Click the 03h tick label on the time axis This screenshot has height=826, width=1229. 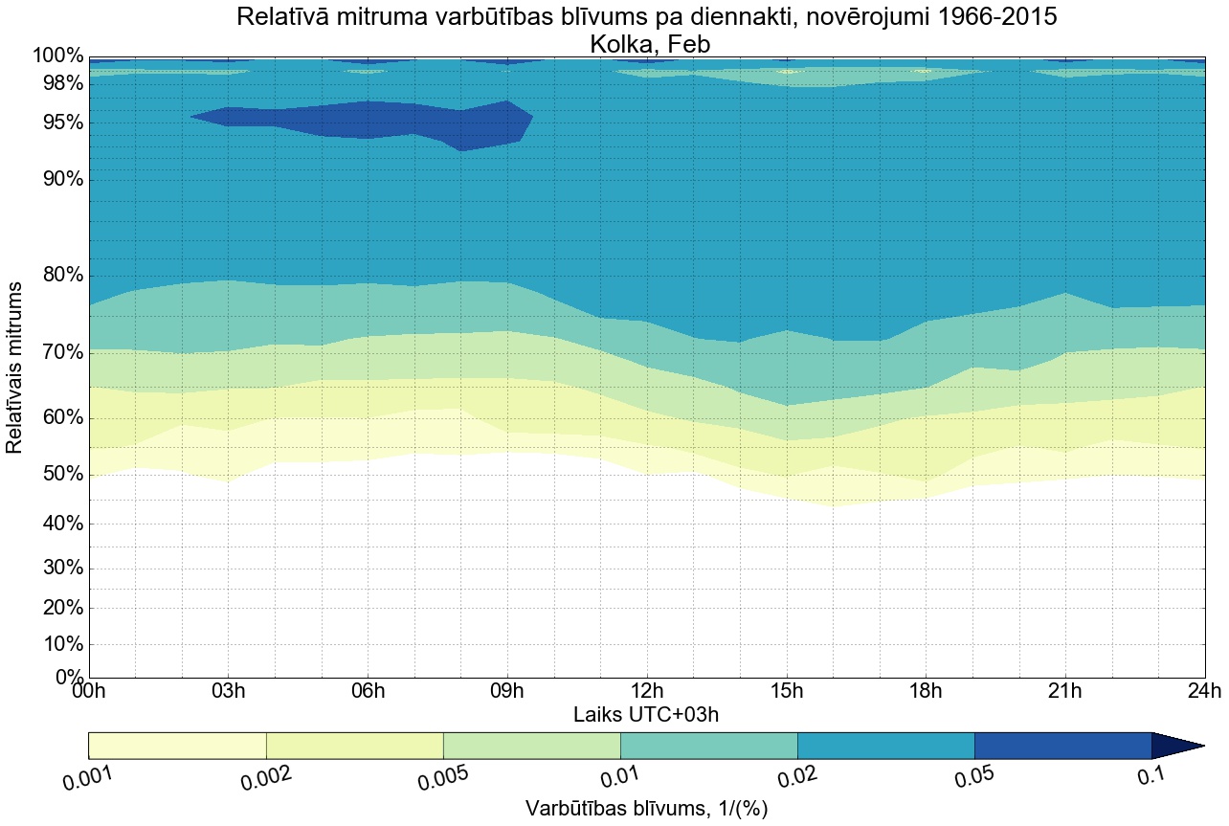pos(228,692)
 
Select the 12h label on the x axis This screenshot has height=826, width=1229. pos(647,692)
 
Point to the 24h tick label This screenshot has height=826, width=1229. pos(1203,692)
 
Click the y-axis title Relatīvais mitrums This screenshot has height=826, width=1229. pos(15,368)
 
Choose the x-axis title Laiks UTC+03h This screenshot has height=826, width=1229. pos(645,715)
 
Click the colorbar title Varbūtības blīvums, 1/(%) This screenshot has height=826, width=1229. pos(646,809)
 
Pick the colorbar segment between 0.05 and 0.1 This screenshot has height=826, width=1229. pos(1062,746)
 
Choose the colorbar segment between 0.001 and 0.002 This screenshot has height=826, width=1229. pos(177,746)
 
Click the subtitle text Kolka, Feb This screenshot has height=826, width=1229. pos(646,44)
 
